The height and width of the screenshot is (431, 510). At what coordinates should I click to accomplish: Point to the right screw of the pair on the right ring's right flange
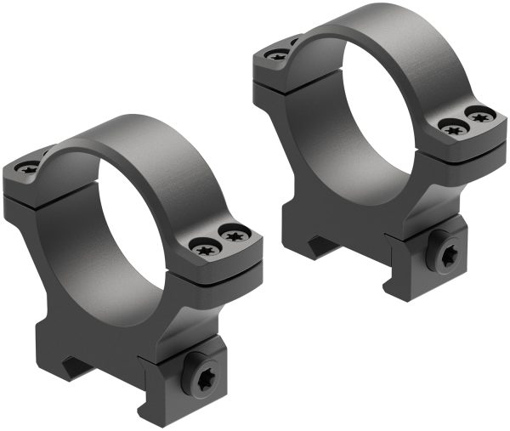tap(480, 115)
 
